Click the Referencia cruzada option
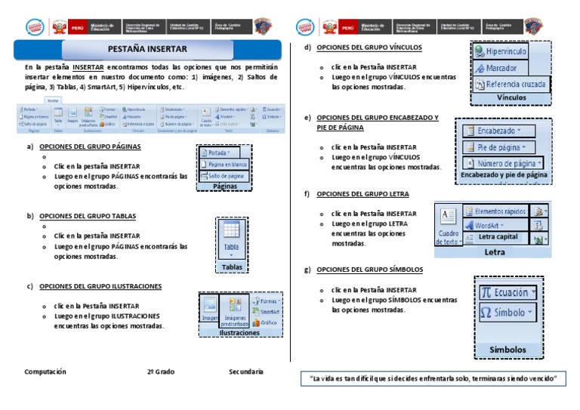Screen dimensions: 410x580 click(x=511, y=85)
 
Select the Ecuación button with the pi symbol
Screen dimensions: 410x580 click(x=508, y=292)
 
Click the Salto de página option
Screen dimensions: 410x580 click(x=223, y=175)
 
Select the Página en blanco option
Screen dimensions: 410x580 click(x=224, y=164)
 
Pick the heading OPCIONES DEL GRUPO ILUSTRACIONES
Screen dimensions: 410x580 click(x=100, y=286)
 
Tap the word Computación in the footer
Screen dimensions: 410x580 click(x=45, y=371)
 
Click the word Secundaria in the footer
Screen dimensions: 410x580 click(x=246, y=371)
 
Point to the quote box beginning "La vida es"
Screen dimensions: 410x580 click(x=433, y=378)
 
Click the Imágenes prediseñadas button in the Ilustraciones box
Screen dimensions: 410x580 click(x=234, y=310)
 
